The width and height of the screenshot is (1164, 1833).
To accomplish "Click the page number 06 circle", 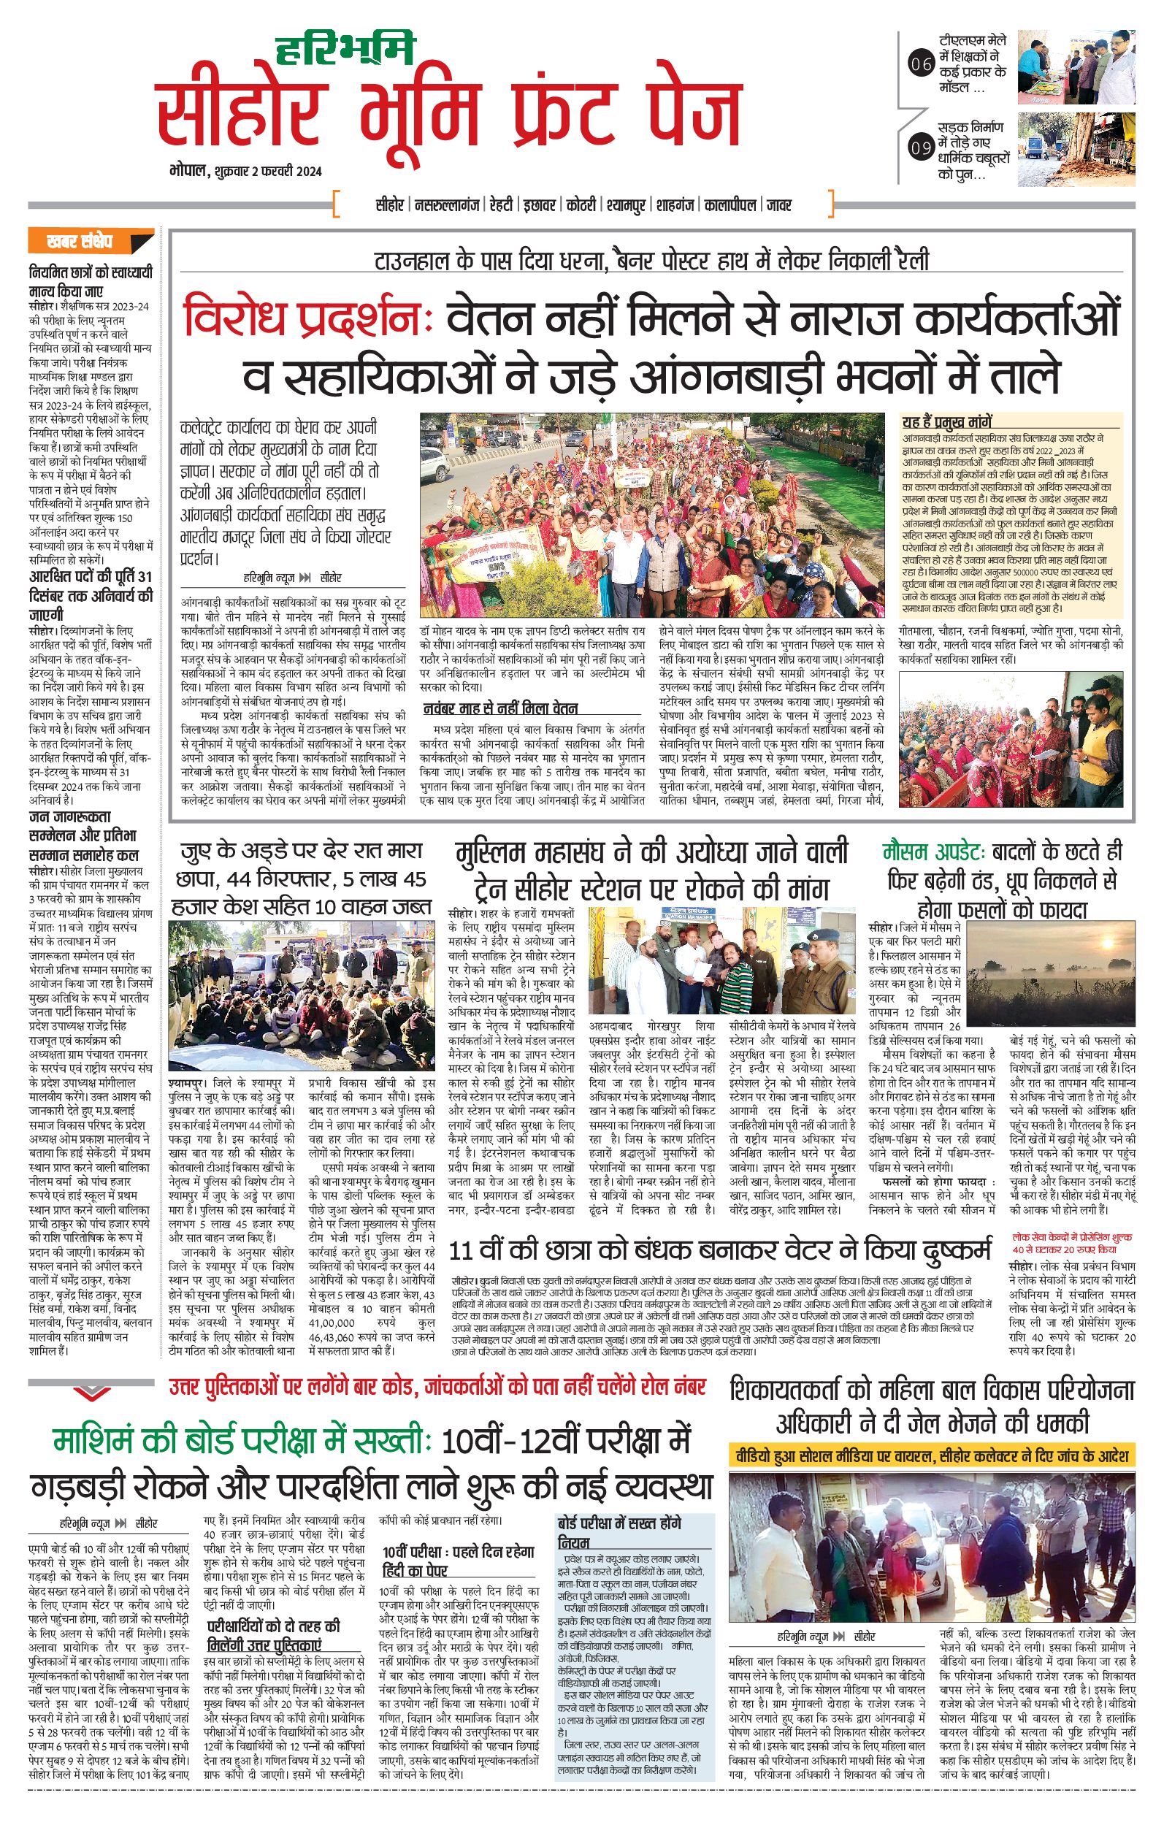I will click(x=921, y=65).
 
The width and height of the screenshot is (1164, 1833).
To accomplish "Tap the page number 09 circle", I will click(x=921, y=147).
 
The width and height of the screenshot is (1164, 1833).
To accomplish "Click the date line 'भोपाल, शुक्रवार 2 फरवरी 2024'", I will click(x=246, y=172).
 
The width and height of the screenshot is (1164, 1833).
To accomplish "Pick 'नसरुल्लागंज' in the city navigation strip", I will click(x=448, y=204).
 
